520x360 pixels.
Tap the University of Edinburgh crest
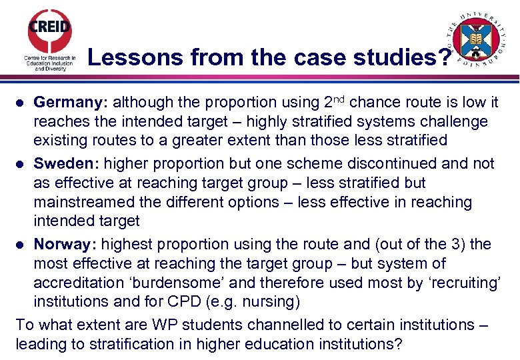[475, 39]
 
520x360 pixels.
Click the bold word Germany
[71, 103]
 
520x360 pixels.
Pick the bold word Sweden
[66, 163]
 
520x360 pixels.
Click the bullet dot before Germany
[21, 103]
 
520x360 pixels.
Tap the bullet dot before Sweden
[21, 164]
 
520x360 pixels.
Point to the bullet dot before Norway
[21, 245]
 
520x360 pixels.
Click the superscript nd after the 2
[339, 99]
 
